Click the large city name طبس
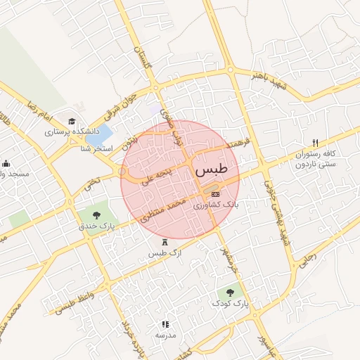212,170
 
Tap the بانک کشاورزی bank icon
215,194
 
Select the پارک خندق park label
97,226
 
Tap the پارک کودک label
230,304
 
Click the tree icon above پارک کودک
229,292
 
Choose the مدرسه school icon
165,324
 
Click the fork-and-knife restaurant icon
315,142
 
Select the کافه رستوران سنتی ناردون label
314,159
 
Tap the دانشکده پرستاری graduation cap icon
72,121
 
